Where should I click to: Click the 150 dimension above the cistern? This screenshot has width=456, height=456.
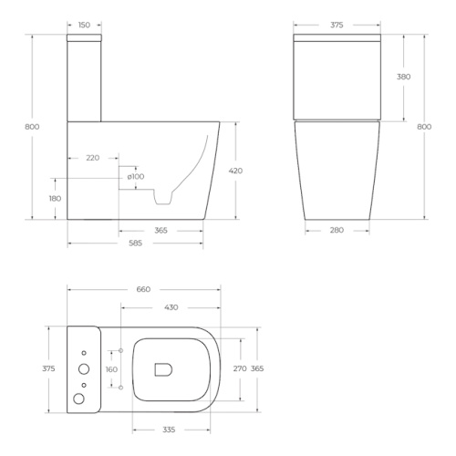tap(84, 25)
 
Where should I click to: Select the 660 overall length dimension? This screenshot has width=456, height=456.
tap(143, 289)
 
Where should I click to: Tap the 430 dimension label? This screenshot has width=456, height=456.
tap(171, 307)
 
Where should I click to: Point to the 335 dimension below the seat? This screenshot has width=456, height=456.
tap(169, 430)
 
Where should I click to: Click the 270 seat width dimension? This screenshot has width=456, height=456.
tap(240, 368)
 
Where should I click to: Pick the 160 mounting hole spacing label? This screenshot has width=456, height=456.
tap(111, 369)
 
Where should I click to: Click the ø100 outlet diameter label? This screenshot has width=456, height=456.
tap(136, 177)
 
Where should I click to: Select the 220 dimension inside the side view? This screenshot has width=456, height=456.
tap(93, 158)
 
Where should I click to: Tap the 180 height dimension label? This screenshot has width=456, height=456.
tap(55, 199)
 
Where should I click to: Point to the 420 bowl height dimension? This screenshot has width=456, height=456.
tap(235, 171)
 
